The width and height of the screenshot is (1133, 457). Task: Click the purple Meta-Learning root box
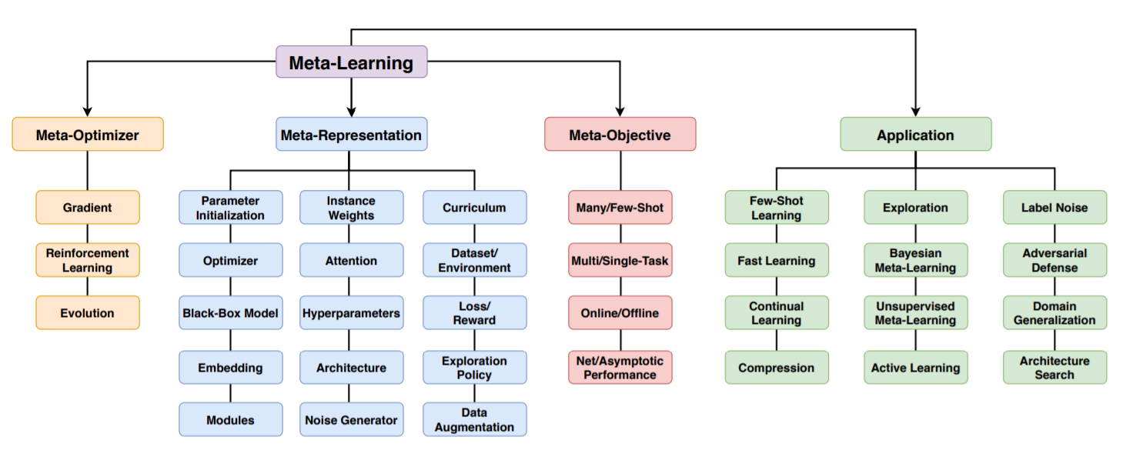(351, 62)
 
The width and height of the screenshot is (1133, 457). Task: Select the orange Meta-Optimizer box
(88, 135)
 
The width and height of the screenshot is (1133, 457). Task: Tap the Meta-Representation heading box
(351, 135)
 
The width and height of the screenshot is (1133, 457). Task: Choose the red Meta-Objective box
(620, 135)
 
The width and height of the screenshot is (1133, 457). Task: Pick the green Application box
(915, 135)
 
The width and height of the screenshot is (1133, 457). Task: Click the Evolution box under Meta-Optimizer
(88, 313)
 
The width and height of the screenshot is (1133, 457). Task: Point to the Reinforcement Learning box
(88, 260)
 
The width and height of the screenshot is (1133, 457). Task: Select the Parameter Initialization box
(230, 208)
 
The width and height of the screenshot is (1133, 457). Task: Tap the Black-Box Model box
(230, 313)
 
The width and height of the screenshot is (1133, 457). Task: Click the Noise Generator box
(351, 419)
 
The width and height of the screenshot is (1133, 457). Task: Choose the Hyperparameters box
(351, 313)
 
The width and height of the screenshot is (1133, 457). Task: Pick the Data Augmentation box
(474, 419)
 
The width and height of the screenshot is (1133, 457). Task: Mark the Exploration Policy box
(474, 368)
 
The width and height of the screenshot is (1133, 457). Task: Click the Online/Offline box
(620, 313)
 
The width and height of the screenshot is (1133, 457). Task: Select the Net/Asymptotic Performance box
(620, 368)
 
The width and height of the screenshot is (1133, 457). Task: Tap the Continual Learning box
(777, 313)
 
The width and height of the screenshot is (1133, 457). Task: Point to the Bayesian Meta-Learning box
(915, 260)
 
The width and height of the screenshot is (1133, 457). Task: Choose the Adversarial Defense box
(1054, 260)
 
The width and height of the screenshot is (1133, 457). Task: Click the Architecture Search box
(1054, 368)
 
